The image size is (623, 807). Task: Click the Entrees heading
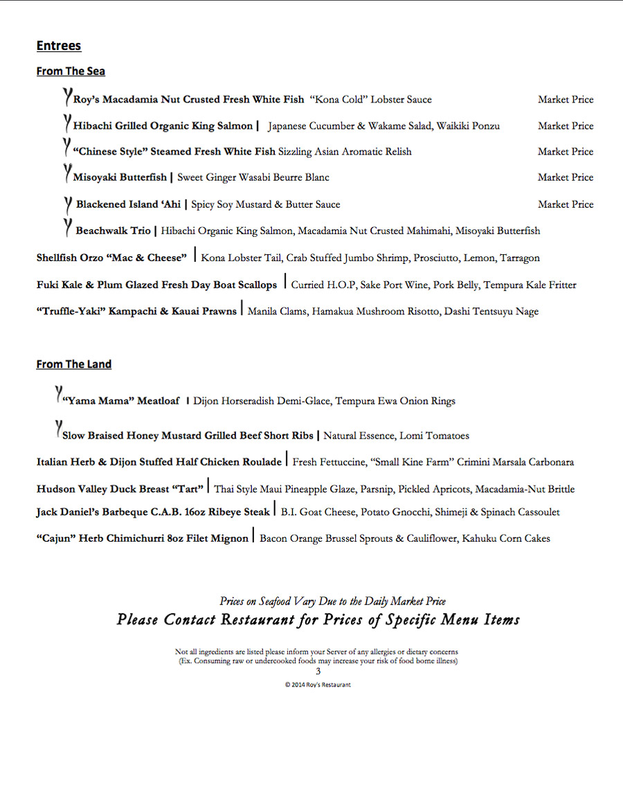click(x=59, y=46)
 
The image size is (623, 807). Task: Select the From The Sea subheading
click(x=71, y=71)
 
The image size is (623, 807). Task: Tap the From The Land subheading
click(x=73, y=364)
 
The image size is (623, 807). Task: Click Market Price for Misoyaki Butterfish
click(x=566, y=177)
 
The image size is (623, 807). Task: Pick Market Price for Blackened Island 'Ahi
click(x=566, y=204)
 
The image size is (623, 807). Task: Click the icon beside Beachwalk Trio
click(x=68, y=226)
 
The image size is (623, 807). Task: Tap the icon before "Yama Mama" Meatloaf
click(x=59, y=395)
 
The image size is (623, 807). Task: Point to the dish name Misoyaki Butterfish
click(x=120, y=177)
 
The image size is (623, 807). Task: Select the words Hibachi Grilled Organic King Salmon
click(x=163, y=126)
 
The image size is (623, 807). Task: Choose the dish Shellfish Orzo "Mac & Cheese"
click(x=111, y=258)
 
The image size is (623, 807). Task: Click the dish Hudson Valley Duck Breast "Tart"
click(x=120, y=489)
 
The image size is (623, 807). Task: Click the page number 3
click(x=318, y=671)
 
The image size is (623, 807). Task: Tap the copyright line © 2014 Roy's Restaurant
click(x=318, y=684)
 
